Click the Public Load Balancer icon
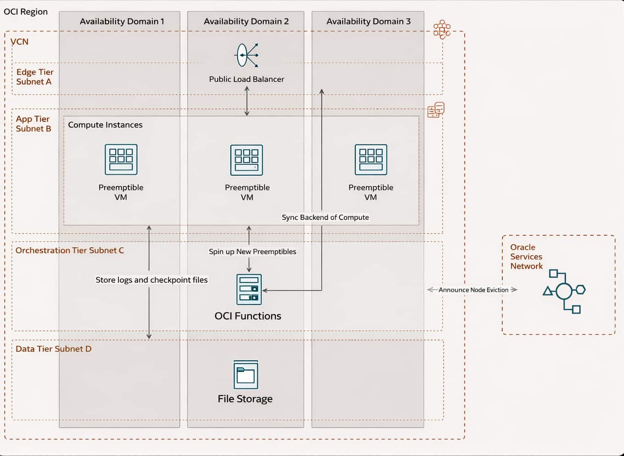[247, 55]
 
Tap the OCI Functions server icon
[249, 289]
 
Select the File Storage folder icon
[246, 374]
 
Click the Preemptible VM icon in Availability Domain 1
[121, 160]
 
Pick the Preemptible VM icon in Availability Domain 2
[247, 160]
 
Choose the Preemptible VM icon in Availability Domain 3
[371, 160]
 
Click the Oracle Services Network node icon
[564, 291]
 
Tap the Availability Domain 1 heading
[122, 22]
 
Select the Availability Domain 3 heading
[368, 22]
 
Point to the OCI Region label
[26, 12]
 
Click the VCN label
[19, 42]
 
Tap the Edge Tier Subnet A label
[34, 77]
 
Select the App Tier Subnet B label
[33, 124]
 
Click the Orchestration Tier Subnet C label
[70, 250]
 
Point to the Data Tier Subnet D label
[53, 349]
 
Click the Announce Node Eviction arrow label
[473, 290]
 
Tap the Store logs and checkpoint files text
[151, 280]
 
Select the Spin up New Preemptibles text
[252, 251]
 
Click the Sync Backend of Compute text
[325, 217]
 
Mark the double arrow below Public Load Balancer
[247, 101]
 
